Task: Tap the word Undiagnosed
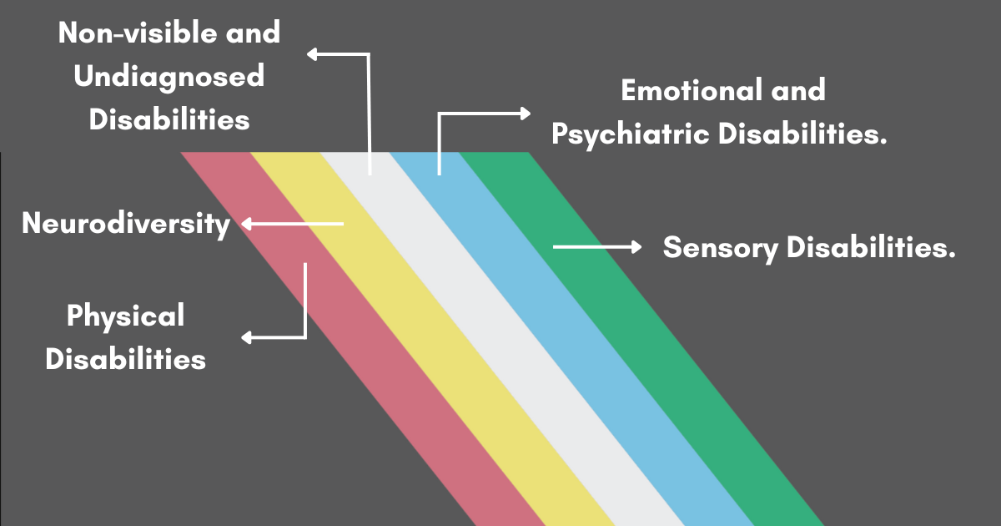(169, 77)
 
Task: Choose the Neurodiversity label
(126, 224)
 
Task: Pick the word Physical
(125, 316)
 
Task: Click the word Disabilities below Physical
(125, 359)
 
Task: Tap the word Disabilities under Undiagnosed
(169, 119)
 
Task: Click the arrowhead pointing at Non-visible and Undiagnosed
(312, 55)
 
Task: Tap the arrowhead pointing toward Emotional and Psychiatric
(525, 113)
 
